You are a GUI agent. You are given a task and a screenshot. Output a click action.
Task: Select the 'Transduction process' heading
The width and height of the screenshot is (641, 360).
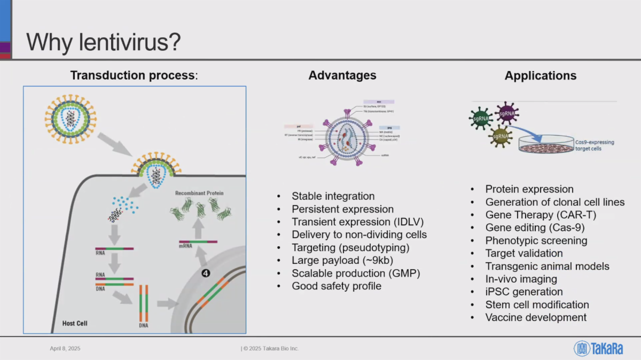pos(134,75)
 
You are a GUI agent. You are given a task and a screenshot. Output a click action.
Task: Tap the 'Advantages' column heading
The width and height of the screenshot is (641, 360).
pos(342,75)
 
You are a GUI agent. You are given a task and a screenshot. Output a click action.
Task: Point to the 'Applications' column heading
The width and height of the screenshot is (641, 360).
pos(540,76)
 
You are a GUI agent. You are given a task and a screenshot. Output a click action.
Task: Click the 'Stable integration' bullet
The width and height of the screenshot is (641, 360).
pos(333,196)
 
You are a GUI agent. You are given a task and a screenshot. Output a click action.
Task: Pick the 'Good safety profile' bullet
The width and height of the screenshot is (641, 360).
pos(336,286)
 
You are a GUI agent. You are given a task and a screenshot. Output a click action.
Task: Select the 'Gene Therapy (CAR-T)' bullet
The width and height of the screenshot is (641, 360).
pos(541,215)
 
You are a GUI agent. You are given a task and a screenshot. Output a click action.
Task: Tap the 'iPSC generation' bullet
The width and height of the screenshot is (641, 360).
pos(523,292)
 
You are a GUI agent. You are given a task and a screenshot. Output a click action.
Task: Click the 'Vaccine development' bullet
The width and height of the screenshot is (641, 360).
pos(536,317)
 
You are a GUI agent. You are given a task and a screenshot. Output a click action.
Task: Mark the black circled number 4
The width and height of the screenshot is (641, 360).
pos(206,273)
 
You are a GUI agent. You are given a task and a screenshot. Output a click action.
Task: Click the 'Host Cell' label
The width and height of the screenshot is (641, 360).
pos(75,323)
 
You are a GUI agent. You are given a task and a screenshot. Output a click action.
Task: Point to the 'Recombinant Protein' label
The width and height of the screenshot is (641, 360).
pos(199,193)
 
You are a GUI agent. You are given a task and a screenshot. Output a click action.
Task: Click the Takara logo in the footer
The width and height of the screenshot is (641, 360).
pos(598,348)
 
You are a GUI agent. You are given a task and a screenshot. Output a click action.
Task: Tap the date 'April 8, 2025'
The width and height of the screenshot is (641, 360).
pos(65,348)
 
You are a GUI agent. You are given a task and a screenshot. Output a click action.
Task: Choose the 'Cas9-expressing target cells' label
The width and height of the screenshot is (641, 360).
pos(595,145)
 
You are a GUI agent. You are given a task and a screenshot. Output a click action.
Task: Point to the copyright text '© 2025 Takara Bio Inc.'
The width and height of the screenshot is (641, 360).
pos(270,348)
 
